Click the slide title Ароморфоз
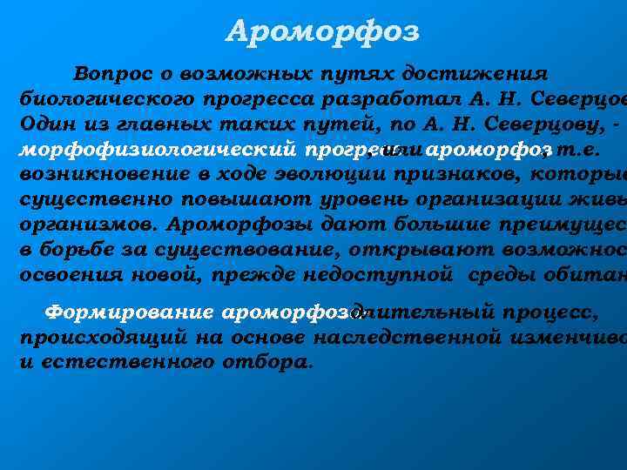(322, 32)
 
